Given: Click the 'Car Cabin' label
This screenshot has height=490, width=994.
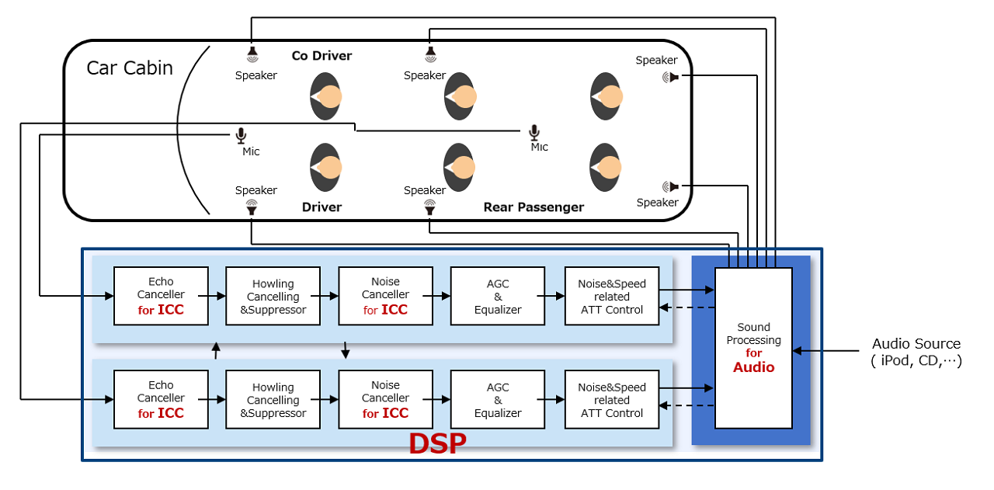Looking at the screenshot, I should click(x=130, y=68).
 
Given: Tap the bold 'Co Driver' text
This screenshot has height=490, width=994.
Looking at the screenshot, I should click(x=321, y=56).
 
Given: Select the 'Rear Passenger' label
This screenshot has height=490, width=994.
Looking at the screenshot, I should click(x=533, y=207).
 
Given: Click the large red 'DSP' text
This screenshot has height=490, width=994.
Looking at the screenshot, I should click(x=437, y=443).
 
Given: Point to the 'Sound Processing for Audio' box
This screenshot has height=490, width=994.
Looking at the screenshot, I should click(x=753, y=348).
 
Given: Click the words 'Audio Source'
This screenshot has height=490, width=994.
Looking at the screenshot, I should click(x=916, y=344).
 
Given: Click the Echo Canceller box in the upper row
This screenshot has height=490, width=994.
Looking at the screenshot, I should click(x=161, y=296).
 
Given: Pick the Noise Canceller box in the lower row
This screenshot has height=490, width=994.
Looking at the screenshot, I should click(x=385, y=399).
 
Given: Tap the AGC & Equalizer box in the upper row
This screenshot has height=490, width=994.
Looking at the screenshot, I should click(x=498, y=296).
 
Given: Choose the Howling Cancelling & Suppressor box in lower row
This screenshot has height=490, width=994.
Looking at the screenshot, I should click(x=273, y=399).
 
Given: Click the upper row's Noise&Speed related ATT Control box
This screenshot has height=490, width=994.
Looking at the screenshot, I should click(x=612, y=296).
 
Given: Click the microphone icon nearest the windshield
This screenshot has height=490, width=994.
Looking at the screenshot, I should click(x=242, y=136).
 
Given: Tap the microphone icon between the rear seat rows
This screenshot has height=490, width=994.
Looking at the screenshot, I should click(x=533, y=133).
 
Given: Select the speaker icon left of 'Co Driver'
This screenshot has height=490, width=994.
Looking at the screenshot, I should click(x=252, y=54).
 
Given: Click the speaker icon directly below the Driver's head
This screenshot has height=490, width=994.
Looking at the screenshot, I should click(x=252, y=207).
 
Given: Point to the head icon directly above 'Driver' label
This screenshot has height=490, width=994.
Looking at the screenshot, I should click(x=325, y=168).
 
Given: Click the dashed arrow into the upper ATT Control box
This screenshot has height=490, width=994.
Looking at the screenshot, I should click(x=686, y=308).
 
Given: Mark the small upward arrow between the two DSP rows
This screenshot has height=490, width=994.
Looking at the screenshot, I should click(x=216, y=351).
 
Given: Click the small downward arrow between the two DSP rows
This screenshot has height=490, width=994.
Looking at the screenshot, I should click(x=346, y=351).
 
